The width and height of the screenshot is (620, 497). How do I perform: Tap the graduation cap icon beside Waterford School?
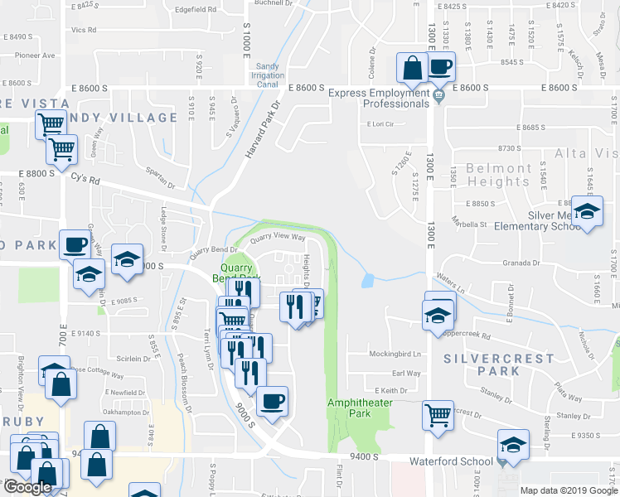(514, 446)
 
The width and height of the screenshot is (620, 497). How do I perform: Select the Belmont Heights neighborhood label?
(498, 174)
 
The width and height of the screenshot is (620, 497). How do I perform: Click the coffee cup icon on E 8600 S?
(440, 66)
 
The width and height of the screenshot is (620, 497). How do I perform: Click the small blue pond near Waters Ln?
(367, 281)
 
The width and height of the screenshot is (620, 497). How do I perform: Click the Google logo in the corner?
(27, 487)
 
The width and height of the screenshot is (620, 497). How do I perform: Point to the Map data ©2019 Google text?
(569, 490)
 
